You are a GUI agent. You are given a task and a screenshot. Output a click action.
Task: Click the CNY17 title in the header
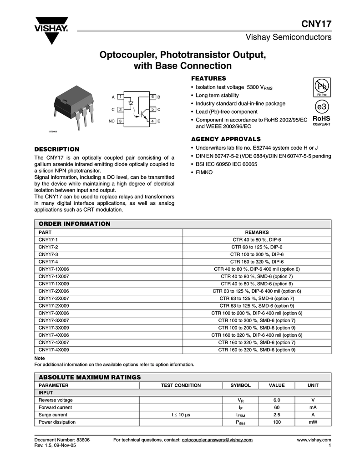click(x=316, y=24)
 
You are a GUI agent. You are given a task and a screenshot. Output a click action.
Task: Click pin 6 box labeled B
click(x=153, y=97)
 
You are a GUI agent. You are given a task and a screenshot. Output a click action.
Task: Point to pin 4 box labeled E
click(x=153, y=121)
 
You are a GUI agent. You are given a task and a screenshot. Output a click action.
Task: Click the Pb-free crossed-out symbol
click(x=321, y=86)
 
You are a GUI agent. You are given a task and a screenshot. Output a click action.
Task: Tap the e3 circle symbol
click(x=321, y=107)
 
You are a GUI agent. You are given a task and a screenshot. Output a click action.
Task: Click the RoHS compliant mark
click(x=321, y=120)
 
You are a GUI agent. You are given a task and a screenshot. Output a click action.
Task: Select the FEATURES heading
click(x=208, y=78)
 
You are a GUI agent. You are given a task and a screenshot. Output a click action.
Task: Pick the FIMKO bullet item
click(x=204, y=172)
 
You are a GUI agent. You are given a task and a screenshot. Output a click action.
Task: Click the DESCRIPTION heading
click(x=57, y=149)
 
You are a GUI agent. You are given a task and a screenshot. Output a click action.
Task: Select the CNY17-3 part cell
click(x=48, y=254)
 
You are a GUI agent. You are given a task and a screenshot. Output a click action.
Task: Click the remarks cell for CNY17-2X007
click(x=257, y=298)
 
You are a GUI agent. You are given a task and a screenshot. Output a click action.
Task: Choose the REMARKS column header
click(x=257, y=232)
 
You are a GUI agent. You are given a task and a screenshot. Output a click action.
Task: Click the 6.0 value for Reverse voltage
click(x=277, y=400)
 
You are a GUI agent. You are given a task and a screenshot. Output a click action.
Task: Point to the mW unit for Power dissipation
click(x=313, y=422)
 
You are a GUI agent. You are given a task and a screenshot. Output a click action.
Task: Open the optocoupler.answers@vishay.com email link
click(x=217, y=440)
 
